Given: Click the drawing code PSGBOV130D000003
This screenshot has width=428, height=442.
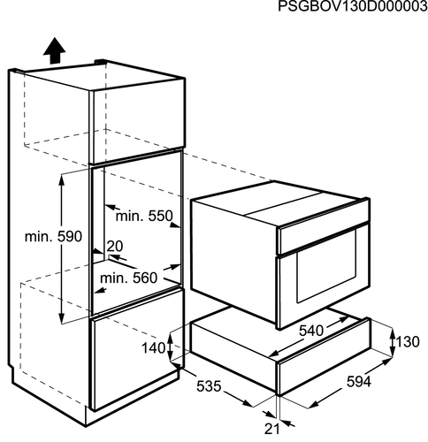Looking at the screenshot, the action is pyautogui.click(x=353, y=6).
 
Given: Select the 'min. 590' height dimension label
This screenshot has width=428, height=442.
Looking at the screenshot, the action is pyautogui.click(x=53, y=237).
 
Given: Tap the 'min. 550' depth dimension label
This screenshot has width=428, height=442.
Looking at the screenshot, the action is pyautogui.click(x=144, y=216).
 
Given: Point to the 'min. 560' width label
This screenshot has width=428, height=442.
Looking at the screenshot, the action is pyautogui.click(x=129, y=278).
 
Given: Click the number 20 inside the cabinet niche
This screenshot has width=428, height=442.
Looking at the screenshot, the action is pyautogui.click(x=115, y=246).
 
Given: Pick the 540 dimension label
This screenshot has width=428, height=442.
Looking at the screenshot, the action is pyautogui.click(x=311, y=331).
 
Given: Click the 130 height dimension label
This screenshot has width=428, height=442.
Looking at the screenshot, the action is pyautogui.click(x=408, y=342).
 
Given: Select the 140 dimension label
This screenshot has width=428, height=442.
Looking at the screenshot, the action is pyautogui.click(x=154, y=348).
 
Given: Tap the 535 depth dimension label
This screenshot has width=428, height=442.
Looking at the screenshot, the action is pyautogui.click(x=209, y=386).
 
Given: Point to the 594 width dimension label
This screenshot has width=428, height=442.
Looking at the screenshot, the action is pyautogui.click(x=359, y=382).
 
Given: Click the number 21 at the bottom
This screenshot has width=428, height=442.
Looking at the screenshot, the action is pyautogui.click(x=271, y=430).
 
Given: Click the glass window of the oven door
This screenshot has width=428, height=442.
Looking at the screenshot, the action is pyautogui.click(x=326, y=266).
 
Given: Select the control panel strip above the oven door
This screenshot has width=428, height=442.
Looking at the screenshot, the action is pyautogui.click(x=324, y=232).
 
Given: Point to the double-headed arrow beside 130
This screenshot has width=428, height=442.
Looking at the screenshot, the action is pyautogui.click(x=393, y=342).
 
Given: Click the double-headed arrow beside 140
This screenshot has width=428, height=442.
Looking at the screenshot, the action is pyautogui.click(x=170, y=347).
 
